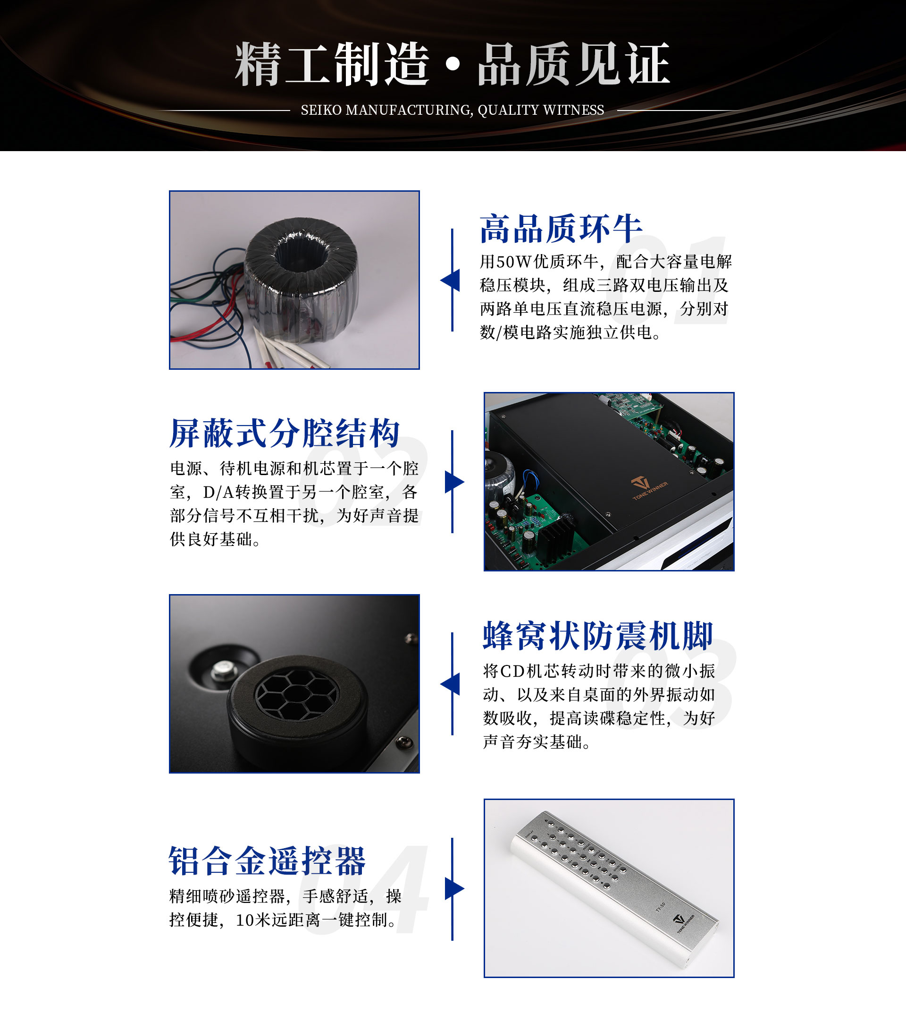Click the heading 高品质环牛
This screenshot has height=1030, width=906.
[x=561, y=229]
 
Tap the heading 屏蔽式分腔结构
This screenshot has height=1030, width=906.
[x=285, y=433]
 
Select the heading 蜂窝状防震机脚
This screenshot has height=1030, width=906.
[x=598, y=636]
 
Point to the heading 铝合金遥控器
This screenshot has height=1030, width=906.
[x=267, y=861]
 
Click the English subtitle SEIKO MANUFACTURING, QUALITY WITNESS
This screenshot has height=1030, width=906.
[x=452, y=110]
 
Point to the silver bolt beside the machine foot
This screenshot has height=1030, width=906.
[x=222, y=669]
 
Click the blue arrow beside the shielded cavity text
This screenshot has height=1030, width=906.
[x=454, y=482]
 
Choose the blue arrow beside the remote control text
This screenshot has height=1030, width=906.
[x=454, y=888]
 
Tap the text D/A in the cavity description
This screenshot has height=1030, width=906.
[x=218, y=492]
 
